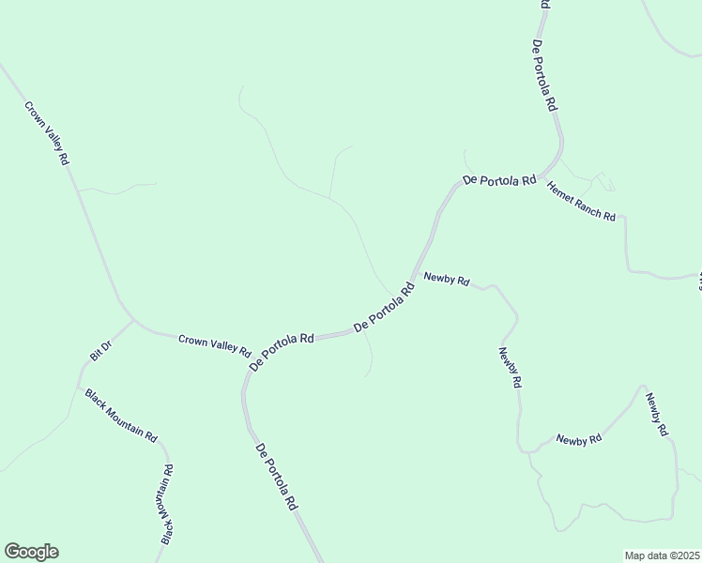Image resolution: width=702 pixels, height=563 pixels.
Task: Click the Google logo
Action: pos(31,552)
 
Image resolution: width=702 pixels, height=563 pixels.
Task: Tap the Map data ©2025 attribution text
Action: pos(662,555)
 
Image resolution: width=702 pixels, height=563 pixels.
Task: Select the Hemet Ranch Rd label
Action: pos(581,201)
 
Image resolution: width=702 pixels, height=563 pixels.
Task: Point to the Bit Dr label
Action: pos(100,350)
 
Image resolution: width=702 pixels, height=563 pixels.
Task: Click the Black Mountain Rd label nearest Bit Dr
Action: pos(121,414)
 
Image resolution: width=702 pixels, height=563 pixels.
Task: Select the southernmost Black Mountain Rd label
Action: pos(167,504)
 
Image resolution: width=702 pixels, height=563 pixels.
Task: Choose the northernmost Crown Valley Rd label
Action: pos(46,133)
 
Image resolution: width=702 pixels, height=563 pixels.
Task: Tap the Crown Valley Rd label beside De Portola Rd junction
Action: pos(214,345)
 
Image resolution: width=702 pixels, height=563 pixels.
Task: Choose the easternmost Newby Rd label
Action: pos(656,413)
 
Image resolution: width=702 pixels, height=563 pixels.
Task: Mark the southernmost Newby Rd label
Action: pos(577,439)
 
